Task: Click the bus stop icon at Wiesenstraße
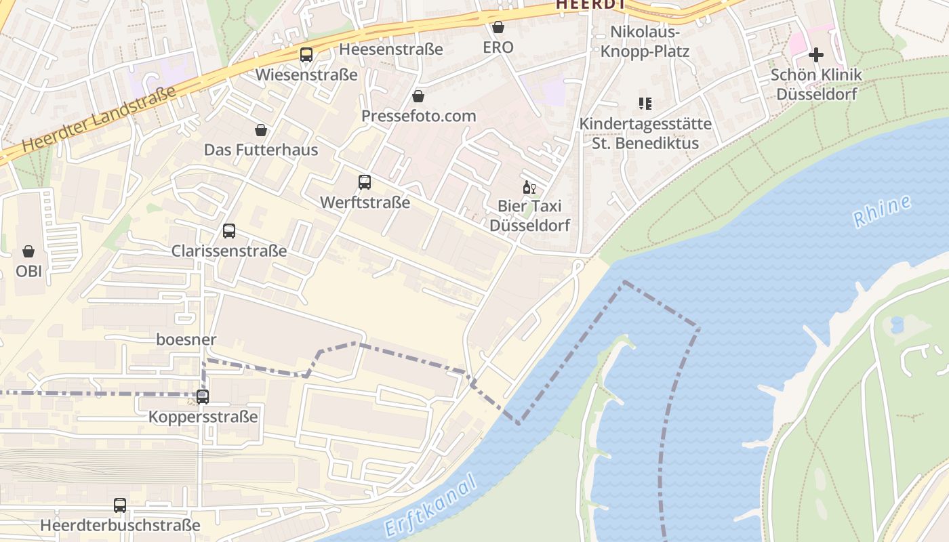tap(306, 55)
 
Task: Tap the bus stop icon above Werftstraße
tap(365, 182)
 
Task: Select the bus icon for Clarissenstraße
tap(229, 231)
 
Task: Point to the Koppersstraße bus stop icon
tap(203, 397)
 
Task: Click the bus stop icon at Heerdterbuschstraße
tap(120, 505)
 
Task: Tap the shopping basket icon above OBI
tap(28, 251)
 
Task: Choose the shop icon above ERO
tap(498, 27)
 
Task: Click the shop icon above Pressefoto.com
tap(418, 96)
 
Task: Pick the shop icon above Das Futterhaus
tap(261, 129)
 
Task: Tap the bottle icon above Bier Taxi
tap(529, 187)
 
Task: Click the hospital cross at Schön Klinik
tap(816, 55)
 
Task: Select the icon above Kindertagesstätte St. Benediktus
tap(645, 104)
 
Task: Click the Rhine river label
tap(882, 211)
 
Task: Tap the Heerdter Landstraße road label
tap(99, 119)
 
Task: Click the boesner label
tap(186, 339)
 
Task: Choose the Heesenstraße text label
tap(391, 49)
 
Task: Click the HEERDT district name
tap(590, 5)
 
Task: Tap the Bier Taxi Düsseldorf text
tap(530, 215)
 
